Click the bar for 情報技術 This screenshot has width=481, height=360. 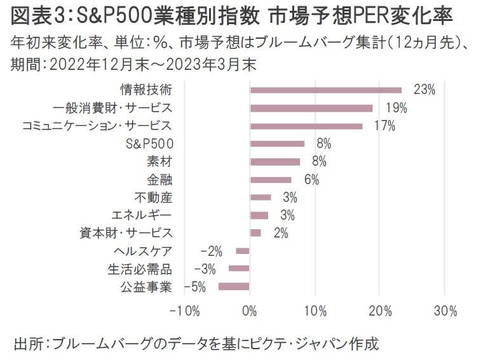326,90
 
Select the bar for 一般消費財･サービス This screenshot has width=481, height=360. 311,108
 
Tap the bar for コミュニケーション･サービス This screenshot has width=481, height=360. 306,126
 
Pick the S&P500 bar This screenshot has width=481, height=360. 277,143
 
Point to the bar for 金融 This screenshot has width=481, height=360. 271,180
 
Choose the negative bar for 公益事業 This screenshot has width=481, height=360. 234,287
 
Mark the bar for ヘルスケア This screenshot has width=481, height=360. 243,251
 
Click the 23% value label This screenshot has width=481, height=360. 424,90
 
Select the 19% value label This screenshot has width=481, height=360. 396,108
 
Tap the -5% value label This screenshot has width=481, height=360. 195,287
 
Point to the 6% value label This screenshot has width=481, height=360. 311,180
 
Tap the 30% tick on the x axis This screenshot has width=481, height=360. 445,312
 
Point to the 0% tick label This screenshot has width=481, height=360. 250,312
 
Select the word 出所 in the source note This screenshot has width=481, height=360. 27,345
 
